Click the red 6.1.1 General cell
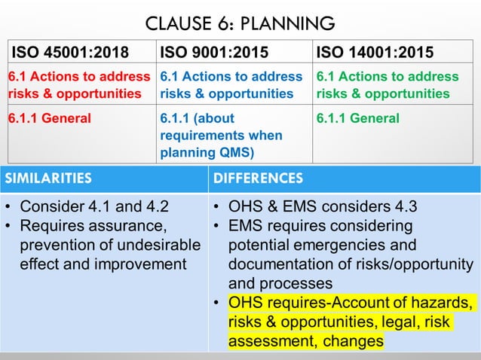click(x=49, y=118)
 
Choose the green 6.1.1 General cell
click(x=358, y=118)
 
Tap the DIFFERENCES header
click(x=259, y=178)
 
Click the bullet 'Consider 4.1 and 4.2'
click(x=93, y=207)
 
